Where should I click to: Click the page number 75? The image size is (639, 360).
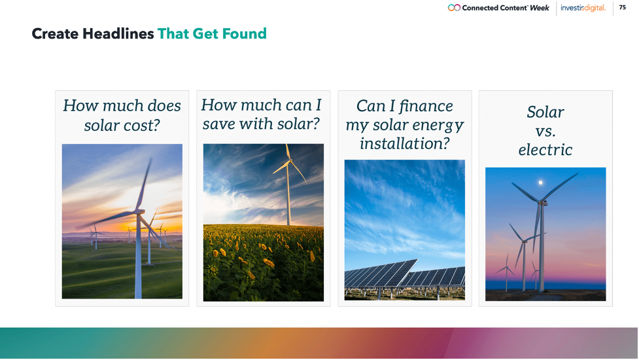click(622, 7)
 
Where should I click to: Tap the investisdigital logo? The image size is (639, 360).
click(583, 8)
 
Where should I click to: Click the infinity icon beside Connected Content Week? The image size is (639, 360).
click(454, 8)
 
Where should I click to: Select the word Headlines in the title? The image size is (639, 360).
click(118, 33)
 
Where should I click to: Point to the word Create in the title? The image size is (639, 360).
click(55, 33)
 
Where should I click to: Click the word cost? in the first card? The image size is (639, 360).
click(140, 125)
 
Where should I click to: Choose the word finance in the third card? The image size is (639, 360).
click(426, 107)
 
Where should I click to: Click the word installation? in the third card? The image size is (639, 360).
click(405, 143)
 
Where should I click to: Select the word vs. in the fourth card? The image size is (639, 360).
click(545, 132)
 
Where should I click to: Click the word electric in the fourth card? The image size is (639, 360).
click(545, 150)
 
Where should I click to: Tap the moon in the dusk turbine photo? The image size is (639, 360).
click(541, 183)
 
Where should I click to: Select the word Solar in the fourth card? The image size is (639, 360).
click(545, 112)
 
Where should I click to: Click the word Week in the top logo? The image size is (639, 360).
click(539, 8)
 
